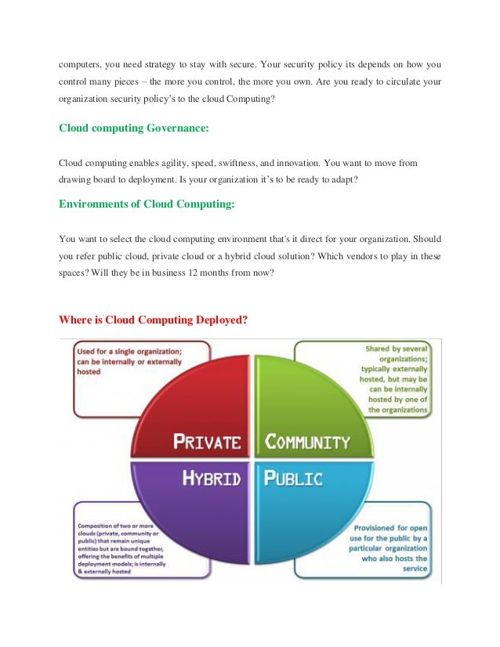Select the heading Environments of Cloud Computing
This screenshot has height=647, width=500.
point(147,204)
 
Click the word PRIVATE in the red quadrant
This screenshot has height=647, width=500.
point(207,442)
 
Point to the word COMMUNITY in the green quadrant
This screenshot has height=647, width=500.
point(307,442)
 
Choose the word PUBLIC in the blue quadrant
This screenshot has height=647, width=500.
point(293,477)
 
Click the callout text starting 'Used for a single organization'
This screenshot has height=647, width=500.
point(129,362)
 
